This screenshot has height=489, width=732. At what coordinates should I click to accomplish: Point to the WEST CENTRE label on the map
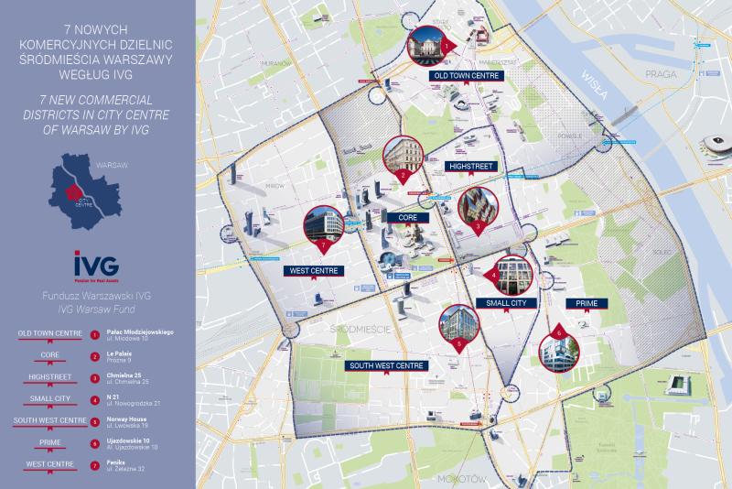pyautogui.click(x=313, y=271)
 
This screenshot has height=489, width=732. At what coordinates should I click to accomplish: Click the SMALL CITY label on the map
pyautogui.click(x=505, y=303)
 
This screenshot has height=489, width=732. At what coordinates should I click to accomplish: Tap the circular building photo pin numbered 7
pyautogui.click(x=323, y=226)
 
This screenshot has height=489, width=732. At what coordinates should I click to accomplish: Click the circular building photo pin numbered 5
pyautogui.click(x=458, y=325)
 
